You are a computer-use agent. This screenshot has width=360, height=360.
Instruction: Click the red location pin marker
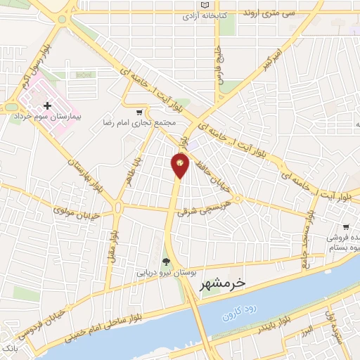click(x=180, y=165)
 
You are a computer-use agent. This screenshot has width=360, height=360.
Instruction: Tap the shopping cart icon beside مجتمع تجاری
click(x=139, y=112)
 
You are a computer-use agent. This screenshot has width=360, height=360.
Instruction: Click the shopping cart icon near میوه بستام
click(x=345, y=227)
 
